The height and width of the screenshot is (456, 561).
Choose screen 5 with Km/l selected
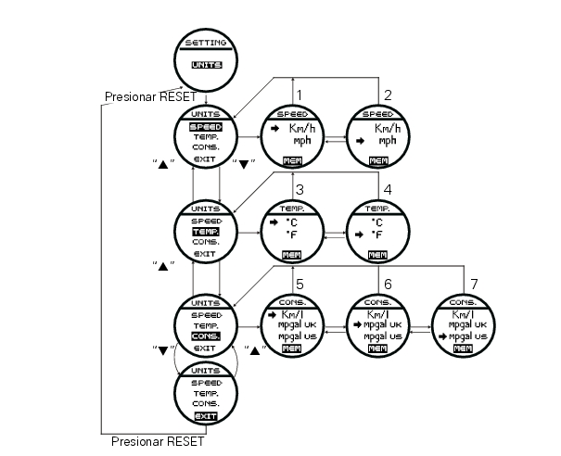(292, 325)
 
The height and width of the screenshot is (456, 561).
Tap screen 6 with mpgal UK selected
(378, 325)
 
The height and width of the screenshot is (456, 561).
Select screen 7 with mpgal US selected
(464, 325)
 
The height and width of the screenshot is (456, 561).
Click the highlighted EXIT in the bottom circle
(205, 417)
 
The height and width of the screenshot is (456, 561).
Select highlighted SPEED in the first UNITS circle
(205, 126)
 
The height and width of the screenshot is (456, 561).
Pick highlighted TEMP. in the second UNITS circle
(205, 231)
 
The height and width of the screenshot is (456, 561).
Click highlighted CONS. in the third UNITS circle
(205, 336)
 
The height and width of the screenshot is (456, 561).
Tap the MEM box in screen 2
(378, 161)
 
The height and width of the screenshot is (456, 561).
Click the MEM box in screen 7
(464, 348)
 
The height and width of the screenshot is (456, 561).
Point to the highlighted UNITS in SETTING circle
(205, 66)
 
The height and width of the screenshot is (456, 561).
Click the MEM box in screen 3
(292, 254)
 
